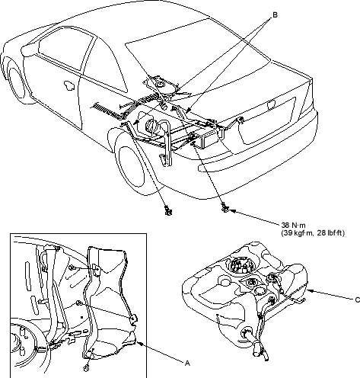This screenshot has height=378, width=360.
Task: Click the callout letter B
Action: pyautogui.click(x=275, y=15)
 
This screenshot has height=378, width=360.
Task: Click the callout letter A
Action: pyautogui.click(x=187, y=364)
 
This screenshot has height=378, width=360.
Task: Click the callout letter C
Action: pyautogui.click(x=357, y=300)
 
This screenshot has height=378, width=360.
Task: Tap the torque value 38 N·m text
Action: pyautogui.click(x=293, y=225)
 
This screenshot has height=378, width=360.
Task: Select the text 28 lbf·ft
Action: pyautogui.click(x=330, y=233)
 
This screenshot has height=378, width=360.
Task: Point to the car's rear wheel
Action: pyautogui.click(x=131, y=167)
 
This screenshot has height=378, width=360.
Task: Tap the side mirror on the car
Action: pyautogui.click(x=27, y=50)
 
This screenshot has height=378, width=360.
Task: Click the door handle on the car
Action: pyautogui.click(x=68, y=85)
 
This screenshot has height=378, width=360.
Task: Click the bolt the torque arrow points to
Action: pyautogui.click(x=225, y=208)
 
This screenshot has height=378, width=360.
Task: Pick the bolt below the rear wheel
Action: pyautogui.click(x=168, y=210)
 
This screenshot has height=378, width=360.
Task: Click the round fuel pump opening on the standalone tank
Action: pyautogui.click(x=242, y=265)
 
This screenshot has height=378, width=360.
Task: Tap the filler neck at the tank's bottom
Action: pyautogui.click(x=256, y=343)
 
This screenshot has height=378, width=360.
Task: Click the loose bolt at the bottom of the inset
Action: pyautogui.click(x=87, y=368)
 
